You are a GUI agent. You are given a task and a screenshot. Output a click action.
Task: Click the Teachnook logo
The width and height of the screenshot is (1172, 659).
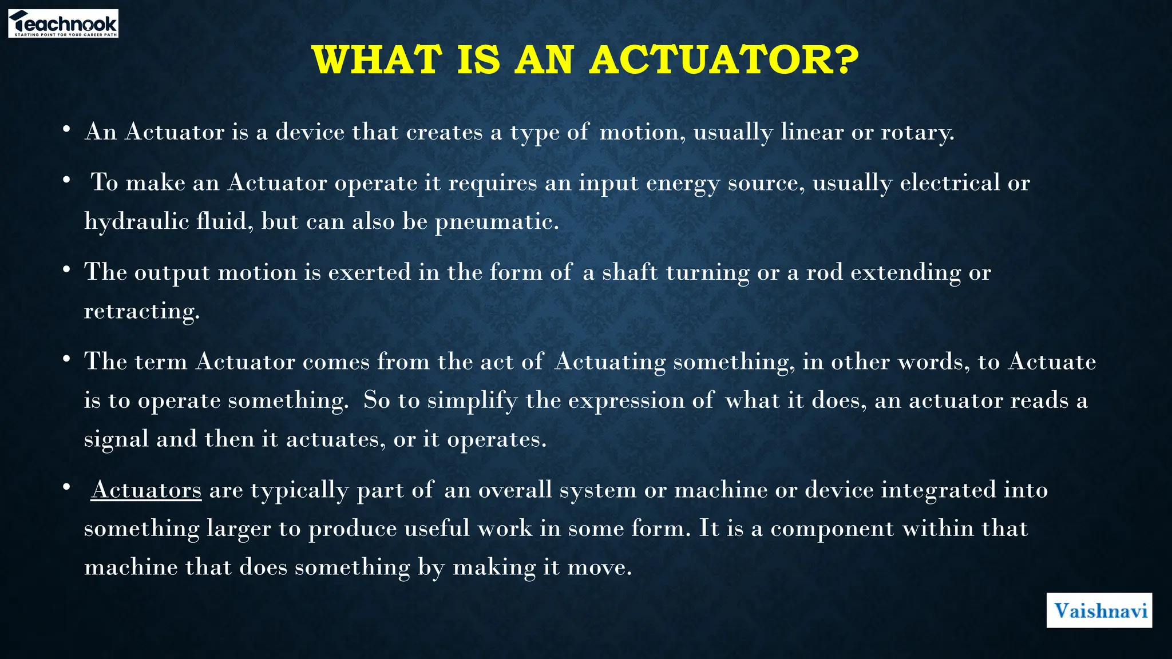(x=63, y=23)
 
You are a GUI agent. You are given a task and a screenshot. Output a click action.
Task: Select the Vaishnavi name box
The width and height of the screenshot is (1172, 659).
(x=1099, y=610)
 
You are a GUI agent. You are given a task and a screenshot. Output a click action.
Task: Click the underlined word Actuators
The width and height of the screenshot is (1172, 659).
(x=146, y=490)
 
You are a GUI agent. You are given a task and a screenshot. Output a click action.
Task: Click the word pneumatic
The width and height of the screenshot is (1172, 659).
(x=496, y=221)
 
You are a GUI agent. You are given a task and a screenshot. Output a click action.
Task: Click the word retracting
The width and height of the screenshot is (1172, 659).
(x=142, y=311)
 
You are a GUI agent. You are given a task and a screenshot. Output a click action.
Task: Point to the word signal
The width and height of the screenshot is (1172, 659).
(x=116, y=439)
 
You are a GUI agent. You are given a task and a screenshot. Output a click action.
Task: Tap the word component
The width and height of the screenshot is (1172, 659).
(x=832, y=529)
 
